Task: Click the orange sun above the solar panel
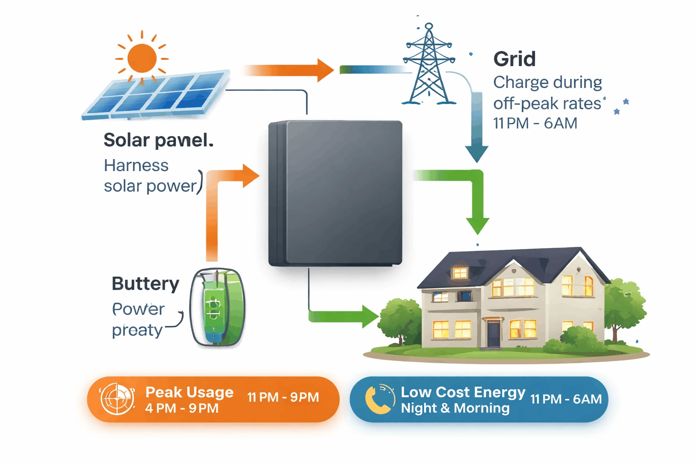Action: [142, 58]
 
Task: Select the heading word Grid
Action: [514, 59]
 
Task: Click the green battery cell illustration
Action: [217, 307]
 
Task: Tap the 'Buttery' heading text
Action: [145, 284]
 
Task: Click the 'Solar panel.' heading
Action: [158, 140]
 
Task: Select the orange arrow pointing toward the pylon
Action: [290, 70]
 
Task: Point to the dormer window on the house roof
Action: [460, 273]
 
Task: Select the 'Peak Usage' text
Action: [189, 392]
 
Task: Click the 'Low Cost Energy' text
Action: [463, 392]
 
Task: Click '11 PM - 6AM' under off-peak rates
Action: [535, 123]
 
